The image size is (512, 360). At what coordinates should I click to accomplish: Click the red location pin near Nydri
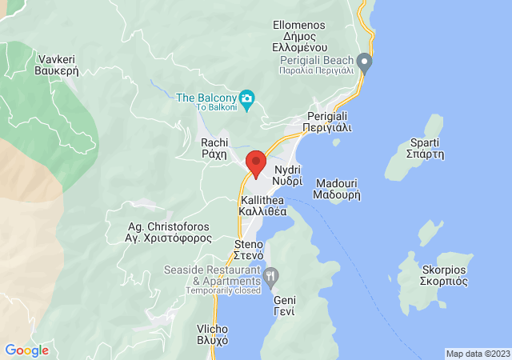(x=256, y=163)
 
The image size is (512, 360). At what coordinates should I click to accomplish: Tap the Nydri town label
(x=287, y=176)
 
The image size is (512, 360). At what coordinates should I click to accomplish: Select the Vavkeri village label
(x=55, y=65)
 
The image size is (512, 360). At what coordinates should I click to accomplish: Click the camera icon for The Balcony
(x=247, y=98)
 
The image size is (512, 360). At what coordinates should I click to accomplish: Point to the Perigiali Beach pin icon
(x=365, y=60)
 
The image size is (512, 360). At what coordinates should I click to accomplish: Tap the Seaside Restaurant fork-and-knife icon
(x=271, y=277)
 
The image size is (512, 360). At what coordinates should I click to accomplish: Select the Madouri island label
(x=337, y=187)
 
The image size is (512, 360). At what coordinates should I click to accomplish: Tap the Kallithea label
(x=263, y=206)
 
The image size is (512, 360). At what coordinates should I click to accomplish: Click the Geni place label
(x=284, y=306)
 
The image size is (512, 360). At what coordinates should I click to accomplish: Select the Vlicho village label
(x=213, y=334)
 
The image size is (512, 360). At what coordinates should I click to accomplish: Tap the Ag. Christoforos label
(x=169, y=232)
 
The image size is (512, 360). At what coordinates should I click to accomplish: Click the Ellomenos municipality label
(x=298, y=36)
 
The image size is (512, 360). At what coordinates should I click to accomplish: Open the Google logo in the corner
(x=26, y=350)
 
